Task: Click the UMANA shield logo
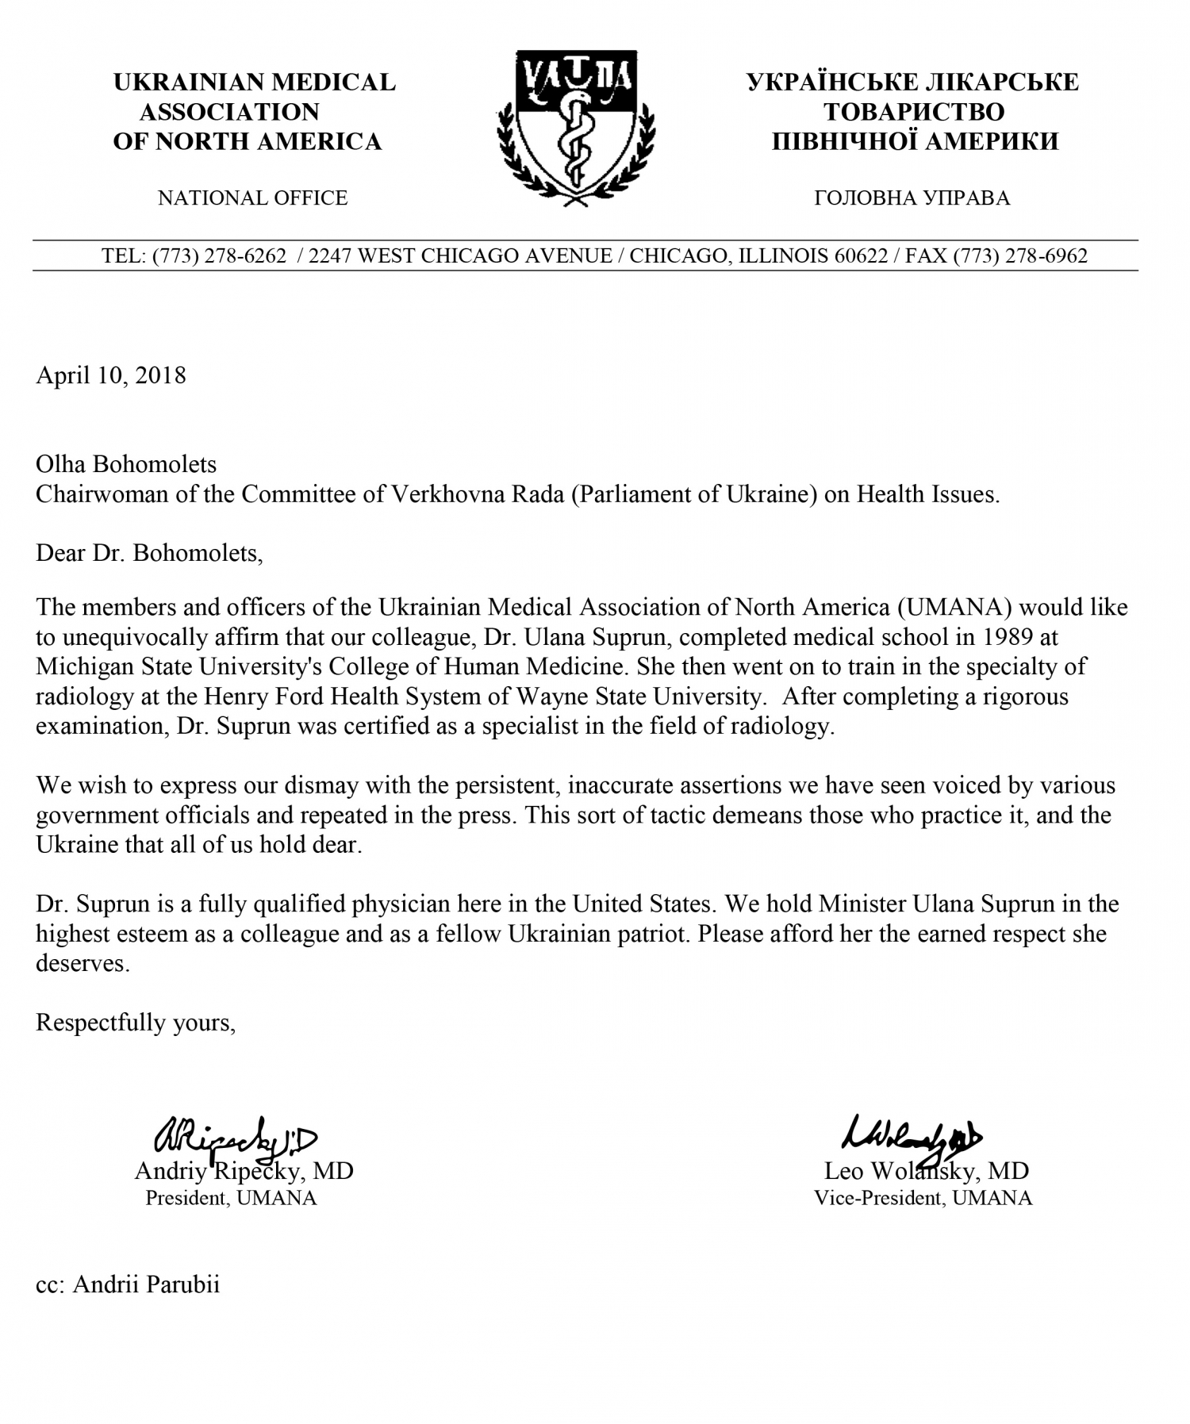[x=576, y=127]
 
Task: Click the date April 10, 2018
[x=111, y=374]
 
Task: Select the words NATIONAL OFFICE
[x=252, y=198]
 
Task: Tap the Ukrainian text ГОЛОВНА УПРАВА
[x=912, y=198]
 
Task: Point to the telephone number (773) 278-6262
[x=219, y=255]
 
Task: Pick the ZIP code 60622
[x=861, y=255]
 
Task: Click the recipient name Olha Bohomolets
[x=126, y=464]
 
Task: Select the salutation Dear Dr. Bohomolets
[x=149, y=552]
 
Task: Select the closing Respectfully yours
[x=136, y=1023]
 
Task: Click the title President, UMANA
[x=231, y=1198]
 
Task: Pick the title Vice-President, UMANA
[x=923, y=1198]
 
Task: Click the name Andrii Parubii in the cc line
[x=146, y=1284]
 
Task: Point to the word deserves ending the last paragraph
[x=83, y=964]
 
